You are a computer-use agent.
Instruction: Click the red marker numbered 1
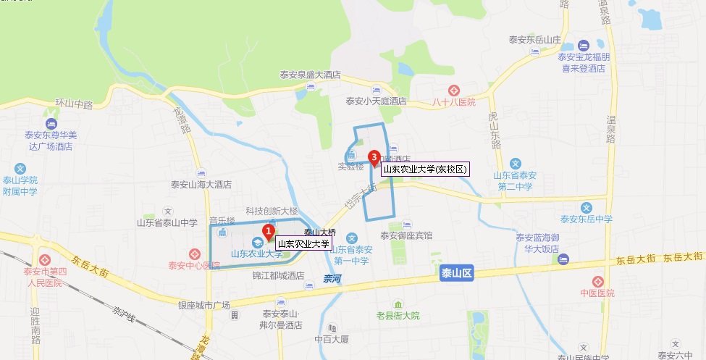pyautogui.click(x=268, y=232)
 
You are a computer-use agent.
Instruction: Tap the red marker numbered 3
pyautogui.click(x=374, y=155)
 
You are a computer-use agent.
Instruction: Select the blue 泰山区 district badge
pyautogui.click(x=456, y=274)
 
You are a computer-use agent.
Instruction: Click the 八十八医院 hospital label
pyautogui.click(x=453, y=102)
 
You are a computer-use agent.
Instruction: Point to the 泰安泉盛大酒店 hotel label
pyautogui.click(x=310, y=75)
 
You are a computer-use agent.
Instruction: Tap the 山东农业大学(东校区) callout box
pyautogui.click(x=426, y=169)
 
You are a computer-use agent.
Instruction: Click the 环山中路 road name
pyautogui.click(x=74, y=105)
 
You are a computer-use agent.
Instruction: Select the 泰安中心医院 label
pyautogui.click(x=193, y=265)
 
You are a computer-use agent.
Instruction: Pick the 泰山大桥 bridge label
pyautogui.click(x=319, y=233)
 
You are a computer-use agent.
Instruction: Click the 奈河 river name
pyautogui.click(x=332, y=278)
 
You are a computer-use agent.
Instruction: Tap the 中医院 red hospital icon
pyautogui.click(x=599, y=281)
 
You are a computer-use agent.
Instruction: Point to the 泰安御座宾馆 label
pyautogui.click(x=406, y=235)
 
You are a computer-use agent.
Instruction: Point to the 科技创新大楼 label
pyautogui.click(x=272, y=211)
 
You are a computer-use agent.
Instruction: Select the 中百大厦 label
pyautogui.click(x=332, y=338)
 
